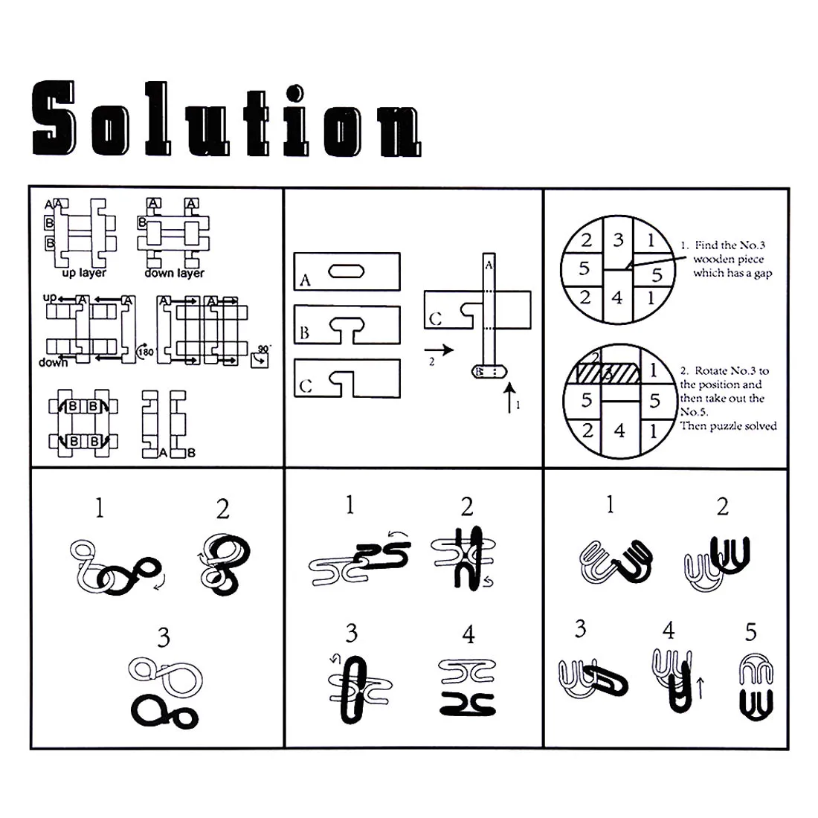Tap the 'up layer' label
(x=83, y=273)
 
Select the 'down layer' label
(x=174, y=273)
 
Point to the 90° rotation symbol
(x=262, y=356)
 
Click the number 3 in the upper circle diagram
(x=619, y=239)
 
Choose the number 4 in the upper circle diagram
(x=617, y=298)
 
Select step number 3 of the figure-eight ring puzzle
(x=163, y=637)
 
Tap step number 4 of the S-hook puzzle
(x=468, y=634)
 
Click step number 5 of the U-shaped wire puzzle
(x=751, y=632)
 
